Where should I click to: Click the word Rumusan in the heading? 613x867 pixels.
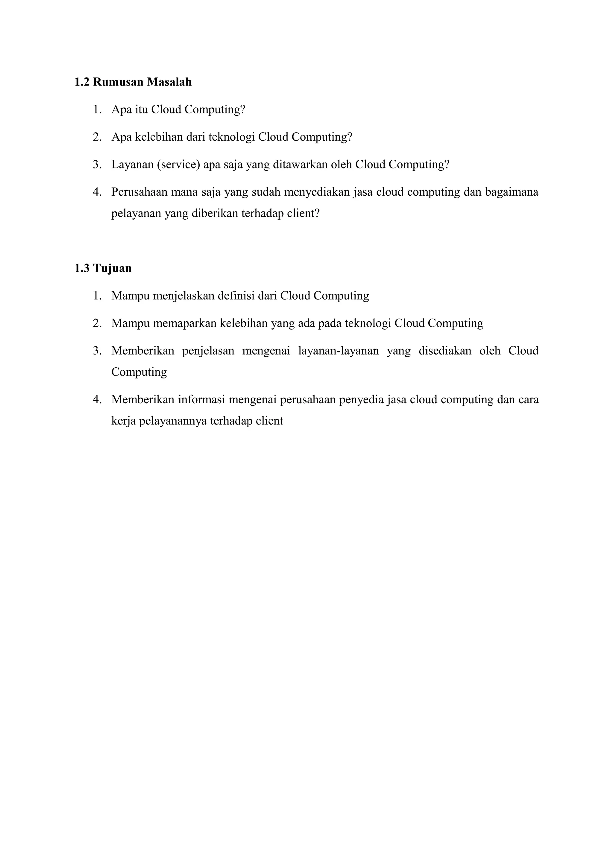(118, 82)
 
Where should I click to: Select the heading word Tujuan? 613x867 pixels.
(112, 268)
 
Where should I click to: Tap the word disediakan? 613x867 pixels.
(444, 351)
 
